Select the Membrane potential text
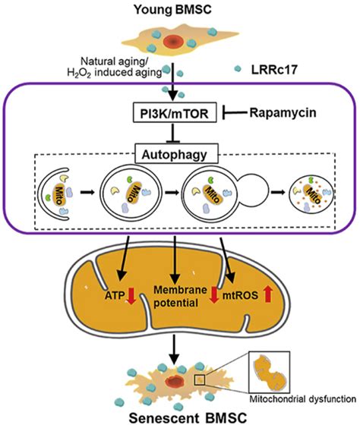175,297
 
